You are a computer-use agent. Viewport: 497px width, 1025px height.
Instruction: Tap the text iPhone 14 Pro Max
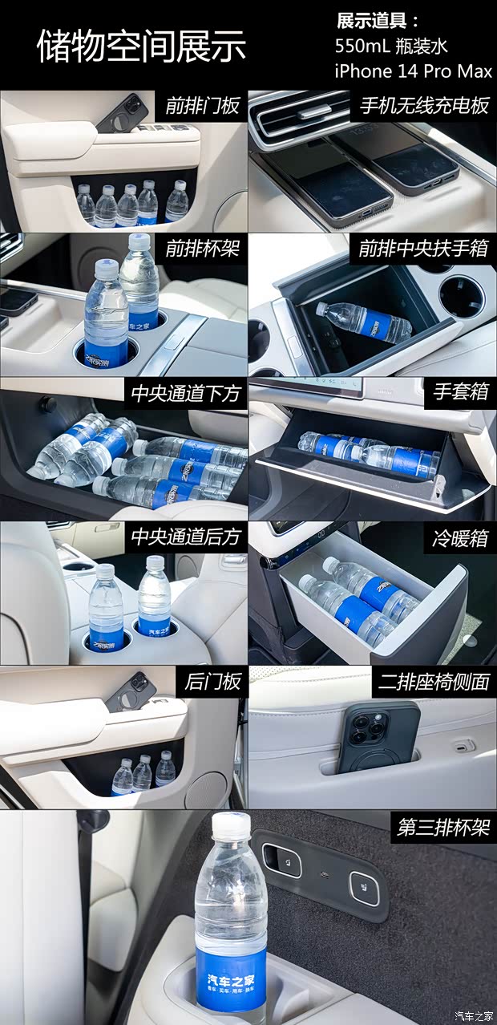413,71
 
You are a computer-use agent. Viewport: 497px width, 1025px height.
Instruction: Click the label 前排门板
202,106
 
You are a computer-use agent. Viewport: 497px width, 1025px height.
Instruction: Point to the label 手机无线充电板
424,106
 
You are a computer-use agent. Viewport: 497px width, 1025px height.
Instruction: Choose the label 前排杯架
202,249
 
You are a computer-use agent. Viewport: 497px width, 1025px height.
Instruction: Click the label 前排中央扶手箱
423,249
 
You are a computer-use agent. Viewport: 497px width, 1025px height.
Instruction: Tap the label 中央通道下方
186,393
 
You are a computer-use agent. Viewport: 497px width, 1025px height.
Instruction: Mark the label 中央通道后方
186,537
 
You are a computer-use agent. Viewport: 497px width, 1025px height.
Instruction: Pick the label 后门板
212,682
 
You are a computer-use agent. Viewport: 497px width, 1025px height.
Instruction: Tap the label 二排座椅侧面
434,682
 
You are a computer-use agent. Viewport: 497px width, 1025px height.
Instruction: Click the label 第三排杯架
443,827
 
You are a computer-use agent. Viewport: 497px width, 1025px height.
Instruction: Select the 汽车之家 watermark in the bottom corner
474,1015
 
